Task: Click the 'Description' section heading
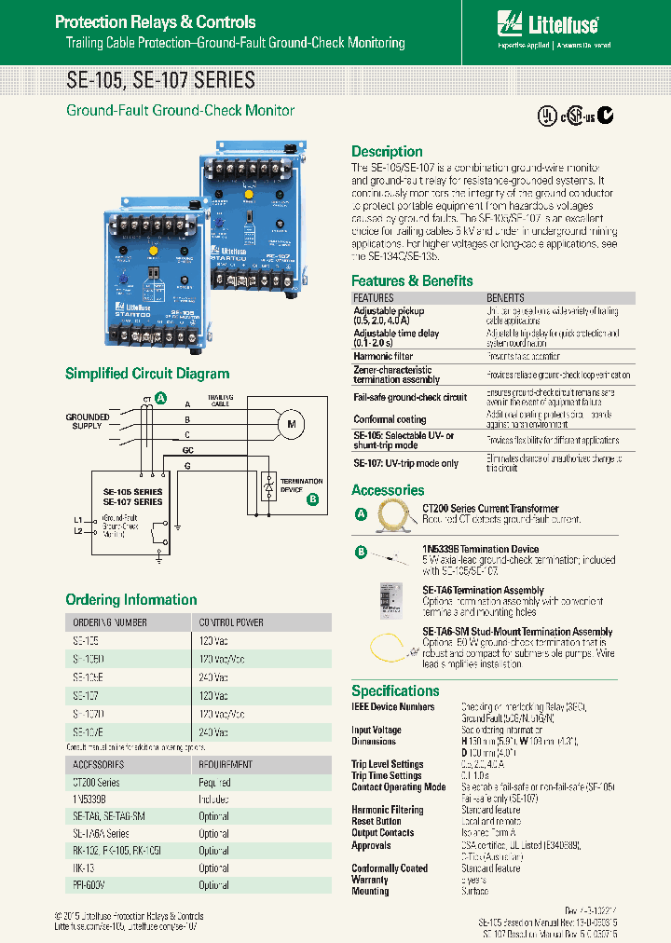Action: [387, 152]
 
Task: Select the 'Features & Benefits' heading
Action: [412, 280]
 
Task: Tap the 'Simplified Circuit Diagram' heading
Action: [147, 374]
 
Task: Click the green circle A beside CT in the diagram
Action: [161, 398]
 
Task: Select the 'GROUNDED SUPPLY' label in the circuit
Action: [87, 421]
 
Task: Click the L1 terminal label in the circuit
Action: [77, 518]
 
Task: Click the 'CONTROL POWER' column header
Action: [231, 622]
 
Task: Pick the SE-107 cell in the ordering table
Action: [86, 695]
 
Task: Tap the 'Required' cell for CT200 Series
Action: [214, 783]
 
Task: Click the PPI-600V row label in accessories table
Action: [89, 885]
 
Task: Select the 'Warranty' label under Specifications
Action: [370, 880]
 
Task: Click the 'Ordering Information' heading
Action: [131, 600]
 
